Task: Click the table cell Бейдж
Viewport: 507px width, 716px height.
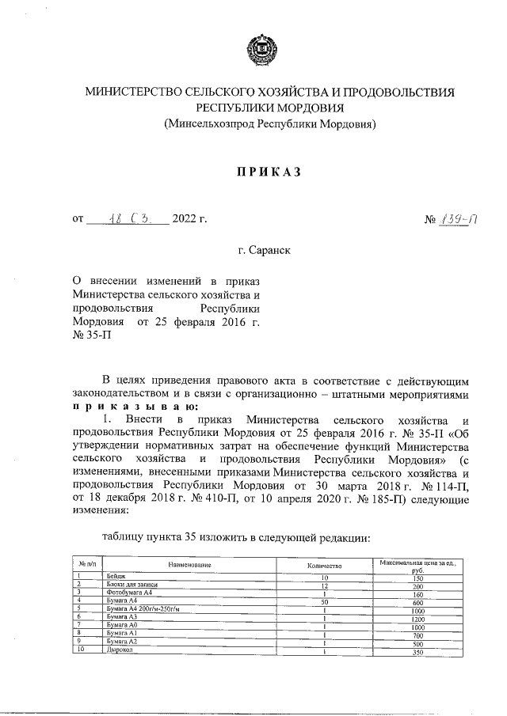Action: [116, 577]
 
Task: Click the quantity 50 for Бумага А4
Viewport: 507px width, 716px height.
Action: [323, 600]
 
